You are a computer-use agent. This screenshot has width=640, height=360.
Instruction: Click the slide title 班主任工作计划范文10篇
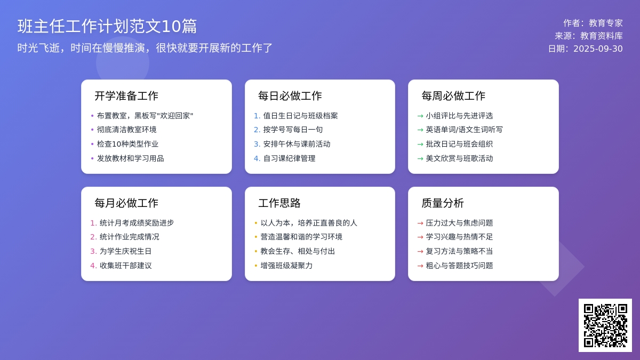(x=107, y=26)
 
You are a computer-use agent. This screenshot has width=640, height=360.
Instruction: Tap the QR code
(x=605, y=325)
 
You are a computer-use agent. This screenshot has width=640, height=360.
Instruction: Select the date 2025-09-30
(x=598, y=49)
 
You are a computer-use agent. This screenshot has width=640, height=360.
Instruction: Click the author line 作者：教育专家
(x=593, y=23)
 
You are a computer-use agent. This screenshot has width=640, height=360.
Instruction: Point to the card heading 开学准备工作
(x=126, y=95)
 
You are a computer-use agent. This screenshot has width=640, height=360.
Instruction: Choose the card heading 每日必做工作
(x=290, y=95)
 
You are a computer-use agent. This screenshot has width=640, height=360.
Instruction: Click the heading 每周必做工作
(x=453, y=95)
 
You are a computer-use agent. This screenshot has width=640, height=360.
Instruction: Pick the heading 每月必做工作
(x=126, y=203)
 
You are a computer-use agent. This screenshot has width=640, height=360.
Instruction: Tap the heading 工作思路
(x=279, y=203)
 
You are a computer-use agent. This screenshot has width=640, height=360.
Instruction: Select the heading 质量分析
(x=443, y=203)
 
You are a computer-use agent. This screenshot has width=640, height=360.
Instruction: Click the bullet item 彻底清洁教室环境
(x=126, y=130)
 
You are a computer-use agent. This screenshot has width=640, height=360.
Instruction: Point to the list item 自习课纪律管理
(x=289, y=158)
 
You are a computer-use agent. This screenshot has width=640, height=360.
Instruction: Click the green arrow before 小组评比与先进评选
(x=420, y=116)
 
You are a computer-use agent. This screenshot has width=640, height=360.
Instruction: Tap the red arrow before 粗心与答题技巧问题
(x=420, y=266)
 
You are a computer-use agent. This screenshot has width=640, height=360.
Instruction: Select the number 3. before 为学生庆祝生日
(x=94, y=251)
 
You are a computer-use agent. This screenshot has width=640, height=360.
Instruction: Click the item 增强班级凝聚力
(x=286, y=266)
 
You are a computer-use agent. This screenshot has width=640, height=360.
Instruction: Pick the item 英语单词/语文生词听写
(x=464, y=130)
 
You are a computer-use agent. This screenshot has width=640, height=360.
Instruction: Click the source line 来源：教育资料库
(x=589, y=36)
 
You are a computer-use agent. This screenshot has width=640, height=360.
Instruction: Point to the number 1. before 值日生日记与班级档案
(x=257, y=116)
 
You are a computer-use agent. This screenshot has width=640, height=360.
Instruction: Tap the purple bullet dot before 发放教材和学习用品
(x=92, y=158)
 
